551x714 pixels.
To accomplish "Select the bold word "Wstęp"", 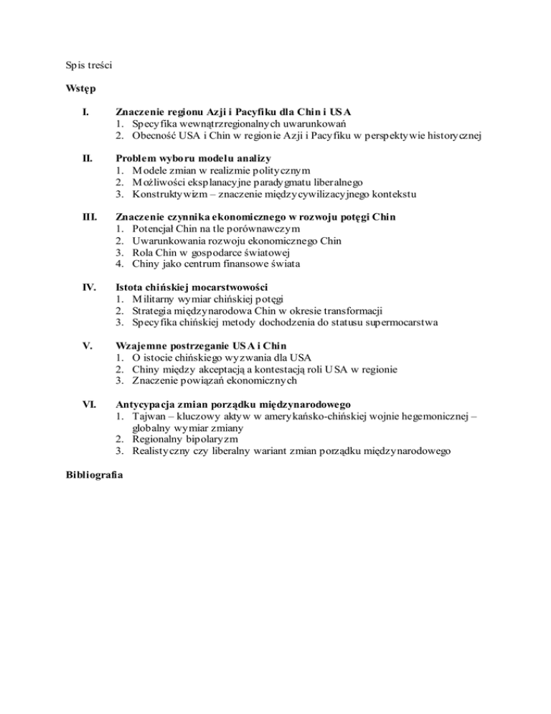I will click(81, 89).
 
